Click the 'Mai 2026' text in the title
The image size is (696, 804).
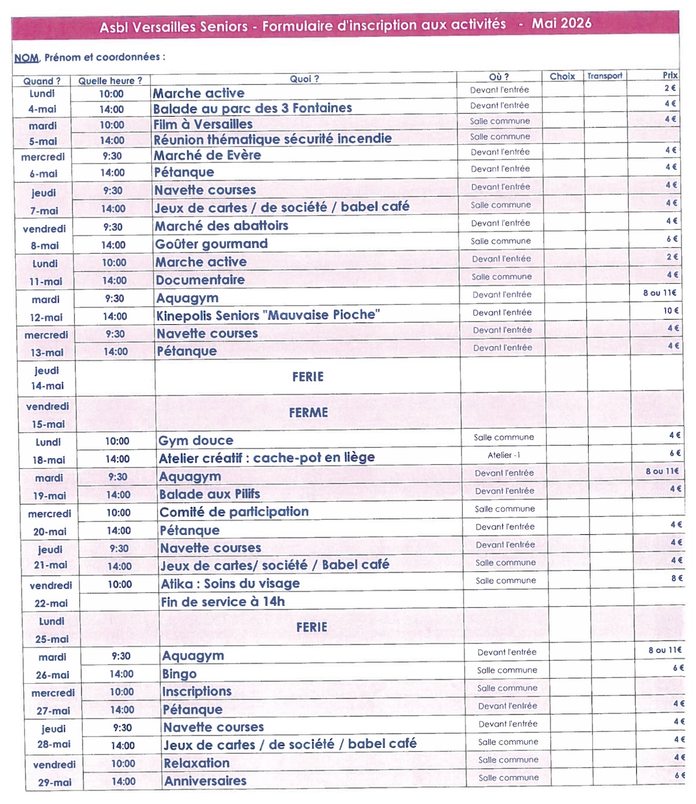tap(561, 23)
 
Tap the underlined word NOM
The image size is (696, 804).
tap(27, 58)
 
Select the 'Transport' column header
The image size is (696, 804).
tap(604, 76)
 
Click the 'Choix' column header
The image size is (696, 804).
tap(562, 77)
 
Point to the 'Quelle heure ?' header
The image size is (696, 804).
tap(110, 81)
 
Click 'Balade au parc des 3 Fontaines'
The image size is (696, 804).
tap(252, 108)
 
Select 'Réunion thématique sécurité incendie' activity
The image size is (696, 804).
tap(273, 139)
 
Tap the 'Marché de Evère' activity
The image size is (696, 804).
tap(207, 155)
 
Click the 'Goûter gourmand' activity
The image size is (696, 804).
tap(211, 244)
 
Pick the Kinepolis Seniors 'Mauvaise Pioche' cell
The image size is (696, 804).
tap(268, 316)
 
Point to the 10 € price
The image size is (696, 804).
tap(670, 311)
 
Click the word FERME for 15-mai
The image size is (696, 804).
tap(309, 413)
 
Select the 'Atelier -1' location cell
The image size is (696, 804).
tap(503, 455)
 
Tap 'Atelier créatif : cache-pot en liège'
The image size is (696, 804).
tap(267, 458)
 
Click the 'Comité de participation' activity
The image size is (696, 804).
tap(234, 512)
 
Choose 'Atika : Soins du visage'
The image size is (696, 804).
tap(230, 584)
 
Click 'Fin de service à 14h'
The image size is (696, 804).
tap(223, 602)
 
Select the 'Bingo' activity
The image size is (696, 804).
tap(179, 674)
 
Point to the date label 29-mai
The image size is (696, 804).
tap(55, 783)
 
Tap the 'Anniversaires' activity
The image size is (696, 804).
tap(205, 781)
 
